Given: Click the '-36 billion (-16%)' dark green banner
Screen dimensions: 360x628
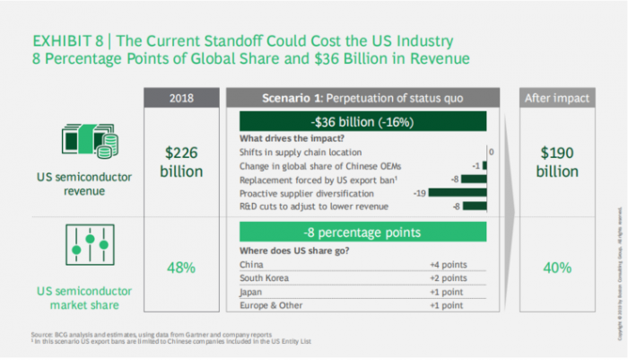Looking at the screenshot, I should [362, 121].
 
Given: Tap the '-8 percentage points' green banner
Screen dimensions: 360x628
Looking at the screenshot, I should [362, 233].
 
